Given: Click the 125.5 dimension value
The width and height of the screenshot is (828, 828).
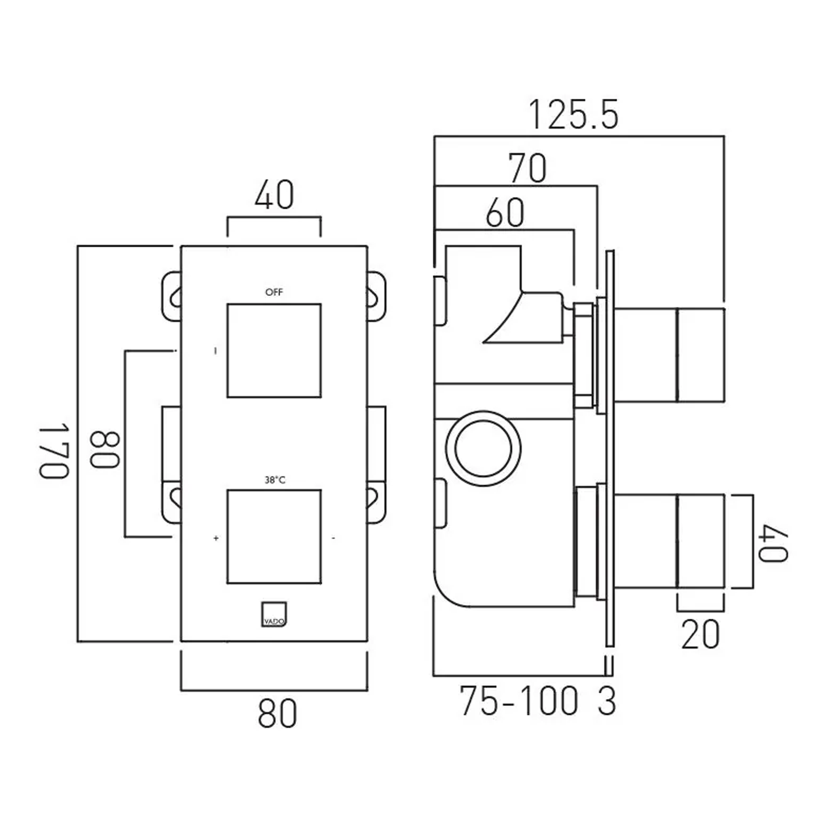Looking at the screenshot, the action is pos(574,115).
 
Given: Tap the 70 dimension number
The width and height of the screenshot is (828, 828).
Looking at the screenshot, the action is pos(527,168).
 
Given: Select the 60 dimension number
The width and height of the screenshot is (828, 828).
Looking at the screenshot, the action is pos(505,213).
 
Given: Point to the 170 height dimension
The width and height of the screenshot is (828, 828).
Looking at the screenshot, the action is pos(54,450).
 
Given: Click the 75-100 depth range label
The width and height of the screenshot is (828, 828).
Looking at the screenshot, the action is pos(519,701).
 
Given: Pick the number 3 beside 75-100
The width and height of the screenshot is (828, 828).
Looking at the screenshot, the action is pos(607,701).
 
